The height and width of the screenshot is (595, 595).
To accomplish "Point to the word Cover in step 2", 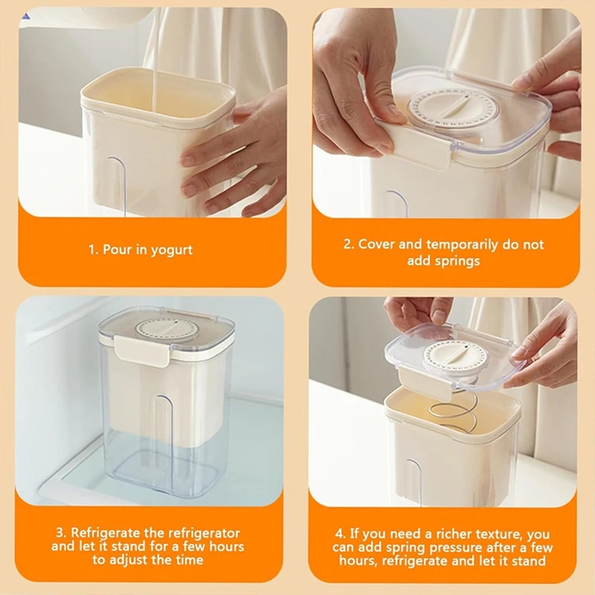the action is (376, 244).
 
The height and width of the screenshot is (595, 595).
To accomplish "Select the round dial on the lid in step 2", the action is (453, 109).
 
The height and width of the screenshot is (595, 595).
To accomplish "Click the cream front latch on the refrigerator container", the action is (142, 350).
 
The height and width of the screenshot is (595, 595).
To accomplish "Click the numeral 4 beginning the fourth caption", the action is (340, 534).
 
